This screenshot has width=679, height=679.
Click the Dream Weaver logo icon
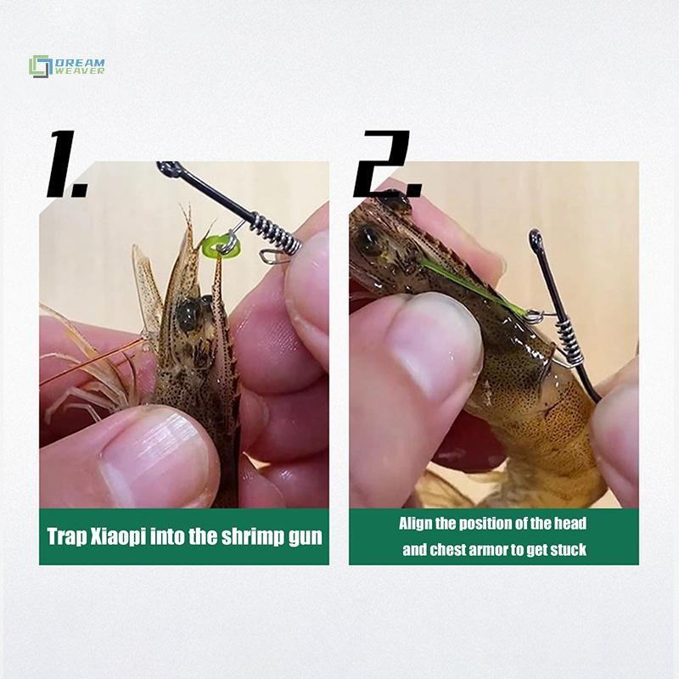41,67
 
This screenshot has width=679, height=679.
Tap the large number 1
66,164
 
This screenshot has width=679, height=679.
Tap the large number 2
387,164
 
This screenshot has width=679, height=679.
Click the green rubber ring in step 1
221,246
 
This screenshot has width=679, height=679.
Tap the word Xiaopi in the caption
118,537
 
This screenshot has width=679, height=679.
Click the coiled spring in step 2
568,341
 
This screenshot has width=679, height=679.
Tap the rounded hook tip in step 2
536,237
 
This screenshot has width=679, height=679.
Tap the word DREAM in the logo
80,63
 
